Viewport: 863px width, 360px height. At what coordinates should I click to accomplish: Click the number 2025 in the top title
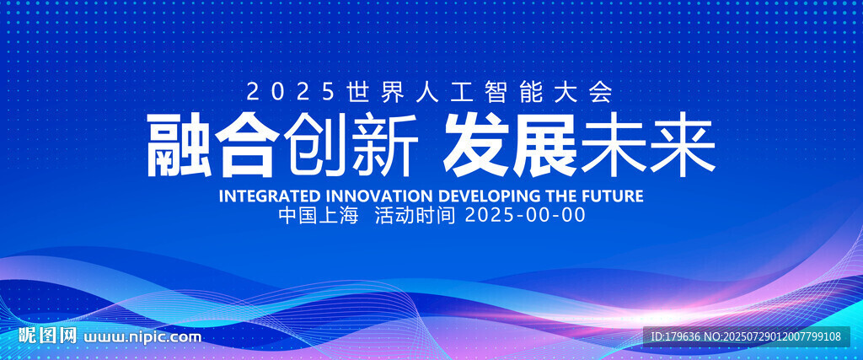click(291, 92)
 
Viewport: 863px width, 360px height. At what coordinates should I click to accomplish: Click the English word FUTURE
click(612, 196)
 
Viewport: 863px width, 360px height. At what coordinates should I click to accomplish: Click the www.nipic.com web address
click(142, 336)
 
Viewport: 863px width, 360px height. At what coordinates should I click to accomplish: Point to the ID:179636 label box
click(747, 336)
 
